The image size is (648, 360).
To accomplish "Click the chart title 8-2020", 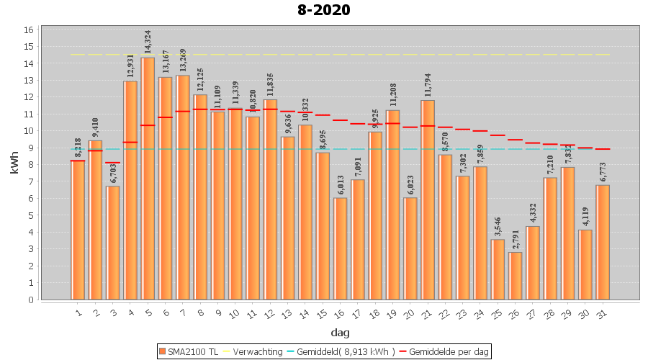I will point(323,10).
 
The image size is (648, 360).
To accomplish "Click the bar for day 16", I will point(340,248).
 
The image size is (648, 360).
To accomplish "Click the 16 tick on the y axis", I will point(30,30).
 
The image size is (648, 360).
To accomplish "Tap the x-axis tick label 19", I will point(392,314).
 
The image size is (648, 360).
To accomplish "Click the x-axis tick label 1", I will point(78,313).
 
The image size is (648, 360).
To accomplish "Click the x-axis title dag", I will point(340,332).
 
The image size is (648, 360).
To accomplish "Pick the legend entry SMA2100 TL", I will point(188,351).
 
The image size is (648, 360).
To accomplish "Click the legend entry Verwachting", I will point(256,351).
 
